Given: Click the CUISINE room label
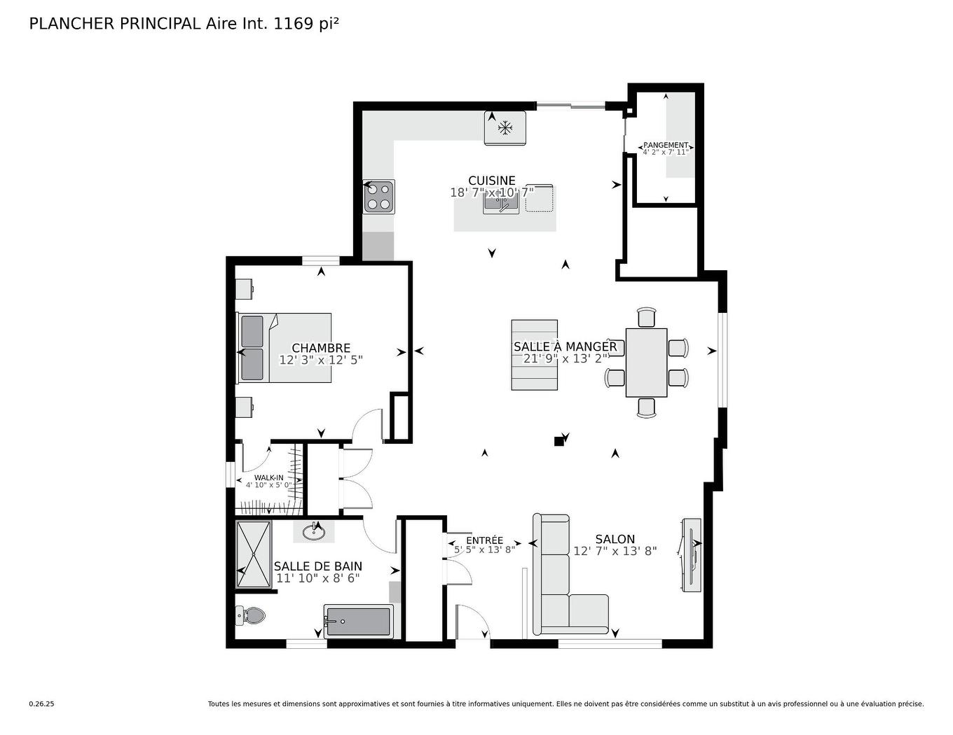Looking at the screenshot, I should (x=491, y=181).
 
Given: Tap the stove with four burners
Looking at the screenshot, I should (x=378, y=197).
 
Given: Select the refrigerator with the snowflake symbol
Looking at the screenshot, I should (x=505, y=128).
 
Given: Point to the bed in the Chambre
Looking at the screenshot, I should (x=285, y=348).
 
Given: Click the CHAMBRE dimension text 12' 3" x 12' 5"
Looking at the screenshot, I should (x=321, y=360).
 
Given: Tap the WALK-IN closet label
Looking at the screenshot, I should (x=269, y=477).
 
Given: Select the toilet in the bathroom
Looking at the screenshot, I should (x=250, y=616).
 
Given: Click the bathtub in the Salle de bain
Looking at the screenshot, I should (x=358, y=622).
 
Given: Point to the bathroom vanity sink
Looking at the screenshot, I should (x=314, y=533).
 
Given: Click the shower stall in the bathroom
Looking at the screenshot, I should (x=253, y=554).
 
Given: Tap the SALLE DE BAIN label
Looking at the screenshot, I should (x=317, y=566).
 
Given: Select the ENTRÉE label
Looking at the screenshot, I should (x=484, y=540).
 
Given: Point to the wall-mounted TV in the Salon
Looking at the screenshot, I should (x=691, y=554).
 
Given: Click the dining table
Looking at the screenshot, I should (x=646, y=362).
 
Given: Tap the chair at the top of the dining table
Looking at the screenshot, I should (x=646, y=317).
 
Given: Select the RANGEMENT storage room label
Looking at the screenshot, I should (x=666, y=146).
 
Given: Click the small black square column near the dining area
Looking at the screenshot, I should (x=558, y=441).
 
